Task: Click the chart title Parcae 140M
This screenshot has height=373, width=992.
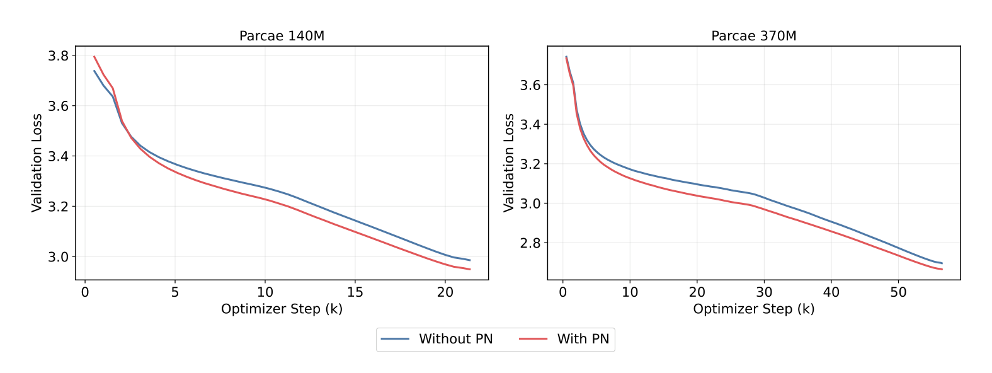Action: click(282, 36)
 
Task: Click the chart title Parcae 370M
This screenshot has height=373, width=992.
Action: click(754, 36)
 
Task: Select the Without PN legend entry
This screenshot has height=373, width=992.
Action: click(437, 339)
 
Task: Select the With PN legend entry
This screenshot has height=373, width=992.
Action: click(564, 339)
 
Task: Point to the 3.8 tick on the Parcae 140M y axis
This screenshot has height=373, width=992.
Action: click(59, 56)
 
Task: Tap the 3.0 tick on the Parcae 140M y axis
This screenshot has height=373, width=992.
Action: click(59, 257)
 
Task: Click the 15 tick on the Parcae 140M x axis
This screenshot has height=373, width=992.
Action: click(355, 292)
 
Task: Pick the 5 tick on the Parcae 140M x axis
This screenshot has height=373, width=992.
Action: click(175, 292)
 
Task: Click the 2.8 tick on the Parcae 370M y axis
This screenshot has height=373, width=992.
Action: click(530, 243)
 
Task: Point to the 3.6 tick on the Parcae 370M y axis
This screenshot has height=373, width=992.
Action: click(530, 85)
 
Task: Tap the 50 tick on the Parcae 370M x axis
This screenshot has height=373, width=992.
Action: click(899, 292)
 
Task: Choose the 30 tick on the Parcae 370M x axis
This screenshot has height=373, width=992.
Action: click(765, 292)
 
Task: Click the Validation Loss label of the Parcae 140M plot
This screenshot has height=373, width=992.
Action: click(37, 163)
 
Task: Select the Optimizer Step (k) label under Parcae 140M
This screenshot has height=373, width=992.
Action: click(282, 309)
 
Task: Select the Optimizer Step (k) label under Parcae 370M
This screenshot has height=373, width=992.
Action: click(754, 309)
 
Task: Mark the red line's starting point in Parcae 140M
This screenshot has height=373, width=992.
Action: click(94, 56)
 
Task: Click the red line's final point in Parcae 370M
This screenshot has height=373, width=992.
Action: click(942, 269)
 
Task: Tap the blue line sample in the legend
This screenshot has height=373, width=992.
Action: click(395, 339)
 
